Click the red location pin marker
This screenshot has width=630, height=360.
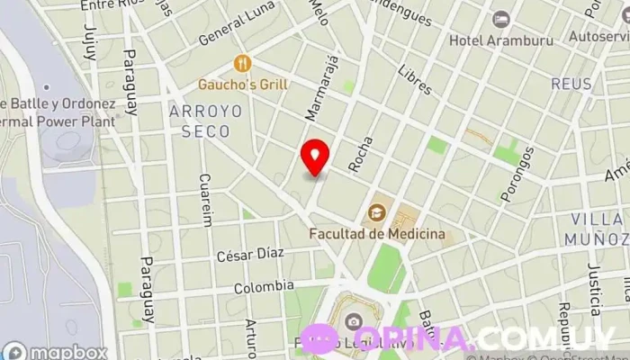[314, 157]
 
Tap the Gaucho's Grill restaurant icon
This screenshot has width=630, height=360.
[241, 63]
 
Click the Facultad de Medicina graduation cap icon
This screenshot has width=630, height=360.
[376, 213]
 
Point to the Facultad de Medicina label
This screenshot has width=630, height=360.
[377, 234]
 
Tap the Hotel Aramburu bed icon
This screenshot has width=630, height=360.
[501, 19]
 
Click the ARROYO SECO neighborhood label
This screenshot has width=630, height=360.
[204, 121]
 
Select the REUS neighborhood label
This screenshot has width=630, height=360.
[571, 85]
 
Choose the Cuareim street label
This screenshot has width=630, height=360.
[206, 200]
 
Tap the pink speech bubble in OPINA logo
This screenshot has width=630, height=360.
[319, 339]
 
